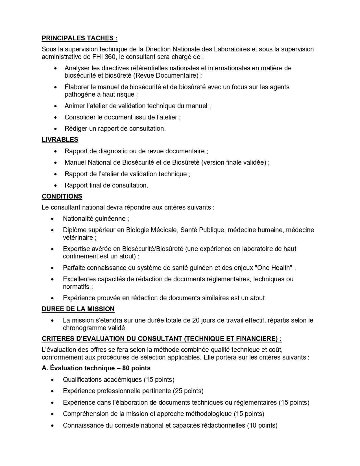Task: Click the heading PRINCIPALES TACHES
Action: coord(79,38)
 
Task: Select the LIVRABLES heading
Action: coord(60,140)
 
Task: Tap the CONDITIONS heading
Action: coord(62,196)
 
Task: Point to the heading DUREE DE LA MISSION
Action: coord(78,309)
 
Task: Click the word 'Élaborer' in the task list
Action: coord(77,87)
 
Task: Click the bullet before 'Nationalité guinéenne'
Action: coord(53,219)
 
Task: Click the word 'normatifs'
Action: coord(76,287)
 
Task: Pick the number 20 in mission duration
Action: coord(196,321)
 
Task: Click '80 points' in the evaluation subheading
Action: coord(136,368)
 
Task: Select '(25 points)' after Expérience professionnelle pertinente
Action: coord(188,391)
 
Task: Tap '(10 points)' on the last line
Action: coord(262,425)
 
